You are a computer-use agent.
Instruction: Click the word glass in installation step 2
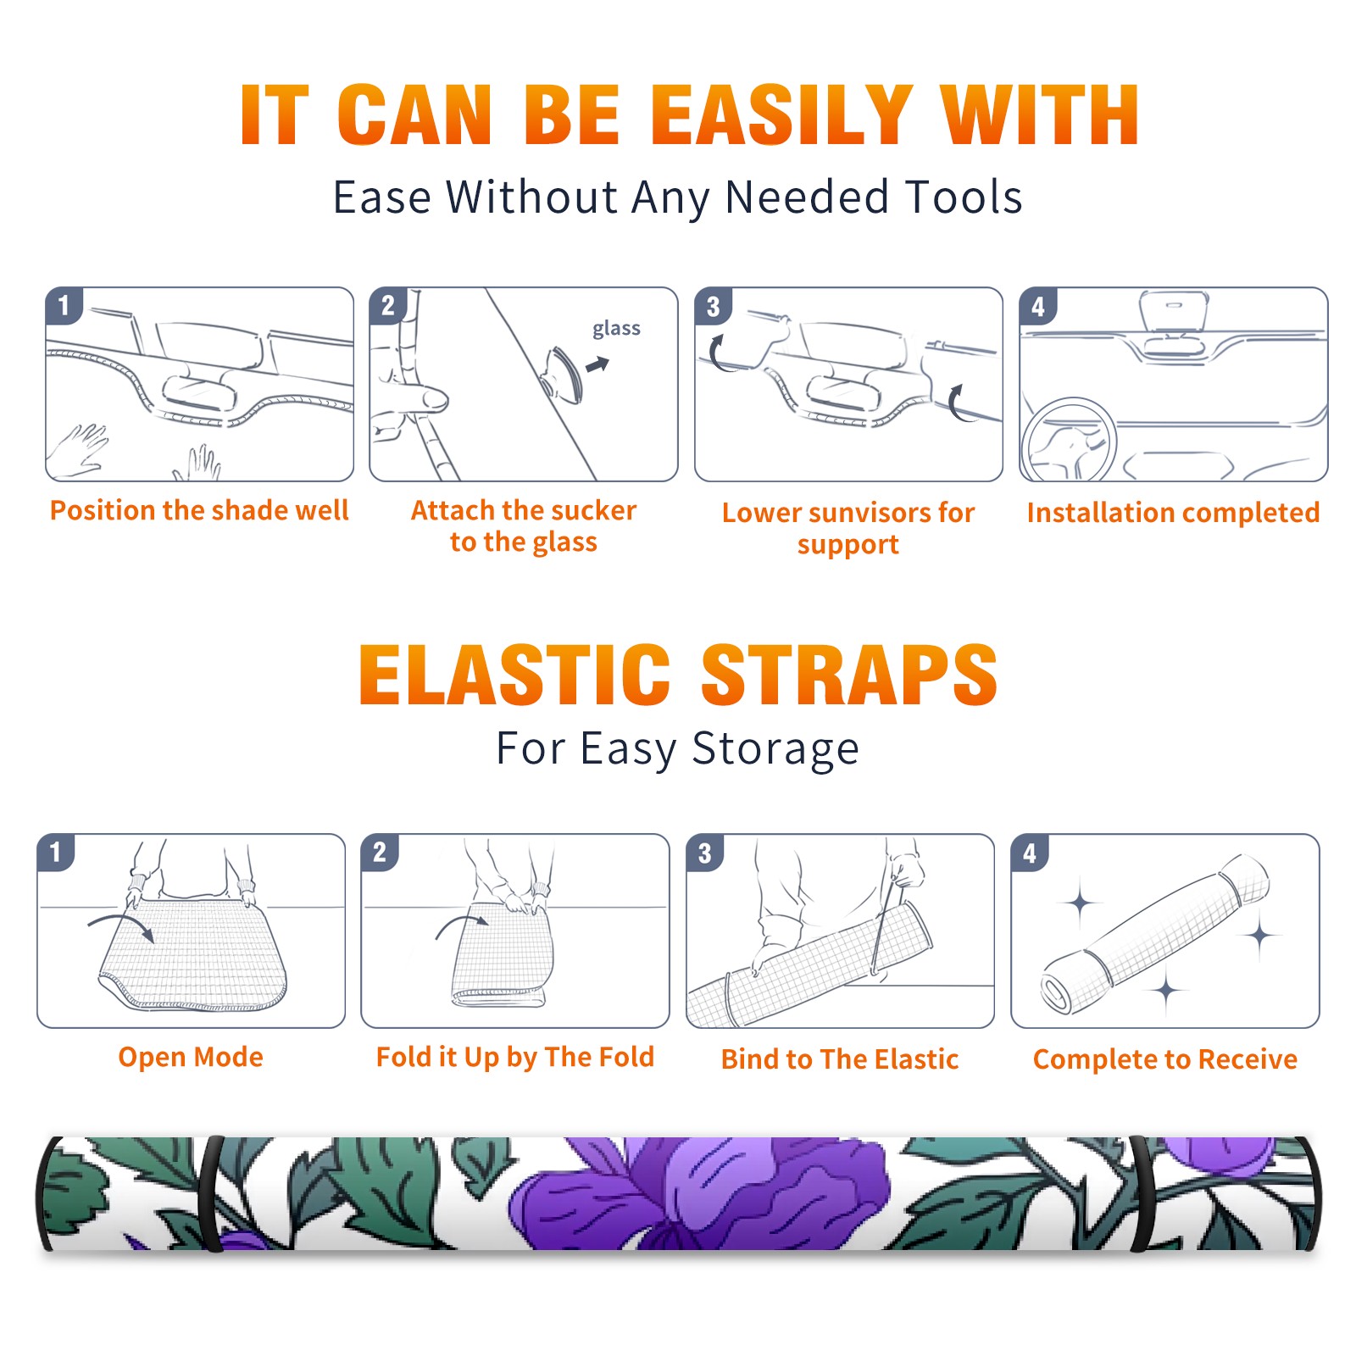pos(616,328)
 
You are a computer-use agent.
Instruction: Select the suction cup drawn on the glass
pos(564,375)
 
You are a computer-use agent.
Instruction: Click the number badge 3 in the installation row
pos(713,306)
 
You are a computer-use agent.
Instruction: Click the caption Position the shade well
pos(199,510)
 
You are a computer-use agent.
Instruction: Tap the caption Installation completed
pos(1173,512)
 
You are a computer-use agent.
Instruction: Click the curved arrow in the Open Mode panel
pos(121,925)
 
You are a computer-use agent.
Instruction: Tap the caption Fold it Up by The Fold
pos(515,1057)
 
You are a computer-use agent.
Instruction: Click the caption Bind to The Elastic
pos(840,1059)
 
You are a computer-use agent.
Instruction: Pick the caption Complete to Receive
pos(1165,1059)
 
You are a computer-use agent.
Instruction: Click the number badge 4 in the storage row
pos(1030,853)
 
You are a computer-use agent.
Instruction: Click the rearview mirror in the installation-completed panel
pos(1174,313)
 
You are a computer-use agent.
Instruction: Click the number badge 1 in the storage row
pos(55,853)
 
